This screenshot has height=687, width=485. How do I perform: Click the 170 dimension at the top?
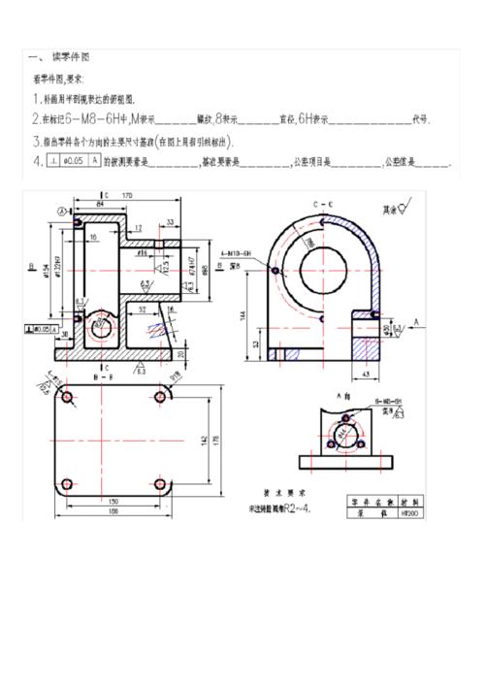[x=127, y=195]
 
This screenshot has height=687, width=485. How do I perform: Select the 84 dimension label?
[x=100, y=205]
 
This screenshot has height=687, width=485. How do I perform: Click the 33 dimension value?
[x=170, y=221]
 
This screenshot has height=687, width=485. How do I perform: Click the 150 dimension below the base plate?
[x=113, y=502]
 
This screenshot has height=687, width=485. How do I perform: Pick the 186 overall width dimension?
[x=113, y=511]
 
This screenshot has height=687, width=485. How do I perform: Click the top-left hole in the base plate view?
[x=67, y=398]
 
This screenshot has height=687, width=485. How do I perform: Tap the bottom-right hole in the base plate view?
[x=159, y=481]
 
